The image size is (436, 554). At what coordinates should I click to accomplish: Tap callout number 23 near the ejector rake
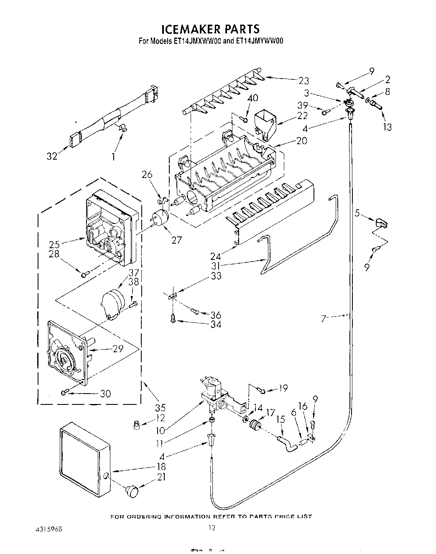303,80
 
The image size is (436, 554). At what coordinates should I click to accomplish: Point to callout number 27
177,240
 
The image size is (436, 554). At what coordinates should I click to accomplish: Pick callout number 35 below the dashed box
160,408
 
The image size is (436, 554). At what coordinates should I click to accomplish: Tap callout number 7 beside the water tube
324,319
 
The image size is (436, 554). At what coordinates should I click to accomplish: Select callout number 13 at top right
388,127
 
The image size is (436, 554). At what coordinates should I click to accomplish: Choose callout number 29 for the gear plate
118,348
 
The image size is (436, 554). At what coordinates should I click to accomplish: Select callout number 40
252,98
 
